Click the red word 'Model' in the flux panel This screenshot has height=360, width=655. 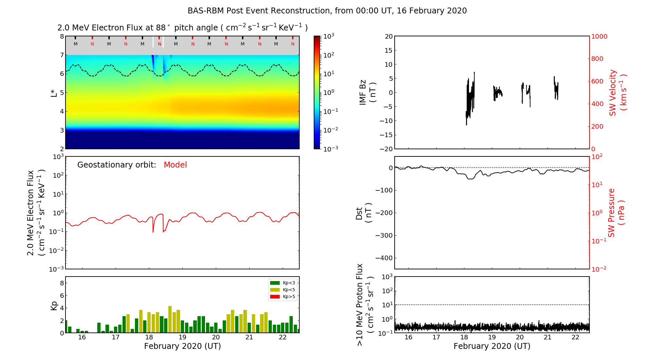[x=175, y=165]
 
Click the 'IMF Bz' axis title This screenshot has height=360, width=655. [x=367, y=92]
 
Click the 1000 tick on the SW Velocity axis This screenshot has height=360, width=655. [x=599, y=36]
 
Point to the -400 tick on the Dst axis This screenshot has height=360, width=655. [x=384, y=258]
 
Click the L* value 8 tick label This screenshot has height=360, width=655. [x=62, y=36]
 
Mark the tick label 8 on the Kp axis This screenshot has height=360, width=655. [x=62, y=283]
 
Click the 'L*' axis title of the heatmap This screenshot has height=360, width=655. [x=54, y=93]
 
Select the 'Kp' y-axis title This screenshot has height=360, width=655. [x=54, y=305]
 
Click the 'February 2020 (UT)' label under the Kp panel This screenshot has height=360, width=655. [x=182, y=346]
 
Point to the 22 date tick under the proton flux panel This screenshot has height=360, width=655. [x=575, y=337]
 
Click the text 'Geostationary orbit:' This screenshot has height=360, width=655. [x=117, y=165]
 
